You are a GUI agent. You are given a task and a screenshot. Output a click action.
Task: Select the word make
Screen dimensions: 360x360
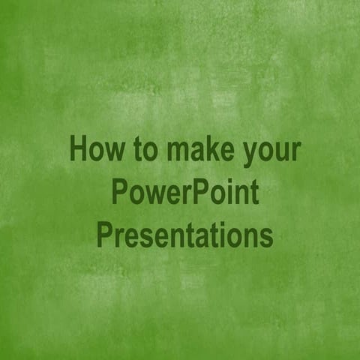[x=197, y=149]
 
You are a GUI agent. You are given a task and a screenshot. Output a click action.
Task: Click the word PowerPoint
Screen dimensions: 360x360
[x=184, y=193]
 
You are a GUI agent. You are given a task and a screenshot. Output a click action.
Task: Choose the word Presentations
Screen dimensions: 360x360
[x=184, y=235]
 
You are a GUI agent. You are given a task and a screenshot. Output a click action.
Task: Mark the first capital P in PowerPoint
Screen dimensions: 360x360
[x=119, y=193]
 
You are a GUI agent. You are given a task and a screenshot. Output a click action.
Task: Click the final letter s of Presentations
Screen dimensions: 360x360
[x=266, y=238]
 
